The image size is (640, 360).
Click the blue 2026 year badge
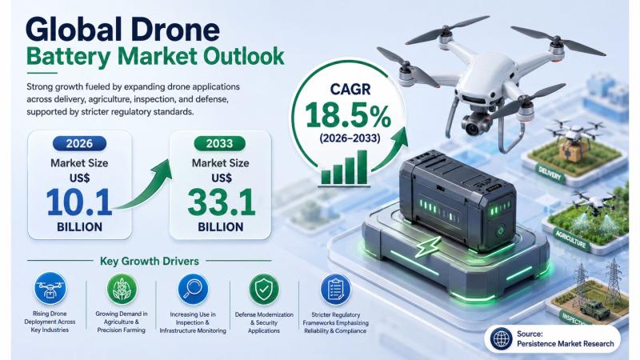(79, 144)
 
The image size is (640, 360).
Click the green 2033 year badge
(219, 144)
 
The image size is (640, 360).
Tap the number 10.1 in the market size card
(78, 202)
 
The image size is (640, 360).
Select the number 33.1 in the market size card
(222, 202)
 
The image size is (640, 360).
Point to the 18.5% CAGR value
(348, 114)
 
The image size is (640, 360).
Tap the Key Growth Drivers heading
(150, 262)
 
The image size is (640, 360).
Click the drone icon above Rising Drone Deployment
(50, 289)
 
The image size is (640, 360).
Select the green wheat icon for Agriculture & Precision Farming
(122, 289)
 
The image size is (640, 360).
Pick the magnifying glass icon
(193, 289)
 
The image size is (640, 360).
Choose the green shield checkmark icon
(264, 289)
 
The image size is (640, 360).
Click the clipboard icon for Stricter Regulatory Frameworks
(335, 290)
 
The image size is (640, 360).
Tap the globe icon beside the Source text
(502, 338)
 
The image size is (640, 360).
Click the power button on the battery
(501, 230)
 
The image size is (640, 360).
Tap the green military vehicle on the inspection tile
(595, 309)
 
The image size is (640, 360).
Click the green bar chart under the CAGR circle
(344, 167)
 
